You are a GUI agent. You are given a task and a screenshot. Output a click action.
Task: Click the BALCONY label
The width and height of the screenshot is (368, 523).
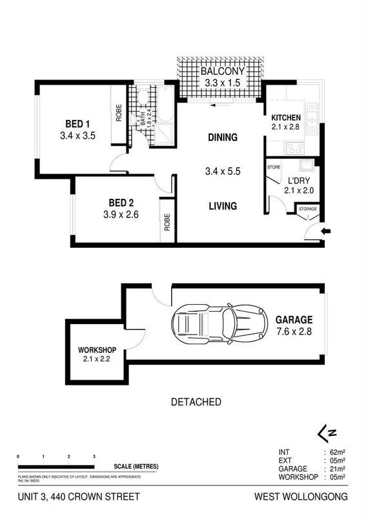pyautogui.click(x=221, y=72)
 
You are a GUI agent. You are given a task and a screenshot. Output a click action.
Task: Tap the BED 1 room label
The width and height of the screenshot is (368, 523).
pyautogui.click(x=77, y=124)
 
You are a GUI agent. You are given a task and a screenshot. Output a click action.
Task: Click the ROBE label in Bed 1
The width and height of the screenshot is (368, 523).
pyautogui.click(x=119, y=114)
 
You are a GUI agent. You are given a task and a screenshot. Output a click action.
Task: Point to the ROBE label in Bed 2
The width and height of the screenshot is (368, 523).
pyautogui.click(x=167, y=223)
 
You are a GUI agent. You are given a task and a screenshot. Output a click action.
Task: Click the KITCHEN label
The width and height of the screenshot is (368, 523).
pyautogui.click(x=286, y=117)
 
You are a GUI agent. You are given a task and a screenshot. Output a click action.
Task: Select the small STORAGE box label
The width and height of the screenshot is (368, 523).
pyautogui.click(x=307, y=209)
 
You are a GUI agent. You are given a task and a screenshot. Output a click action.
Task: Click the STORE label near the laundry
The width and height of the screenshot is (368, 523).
pyautogui.click(x=274, y=167)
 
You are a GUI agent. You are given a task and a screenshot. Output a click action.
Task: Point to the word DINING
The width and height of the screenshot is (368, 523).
pyautogui.click(x=222, y=138)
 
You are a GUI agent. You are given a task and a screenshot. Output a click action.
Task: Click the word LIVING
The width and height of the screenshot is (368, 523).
pyautogui.click(x=222, y=207)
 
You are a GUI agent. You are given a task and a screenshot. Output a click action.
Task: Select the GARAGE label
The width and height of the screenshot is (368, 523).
pyautogui.click(x=294, y=320)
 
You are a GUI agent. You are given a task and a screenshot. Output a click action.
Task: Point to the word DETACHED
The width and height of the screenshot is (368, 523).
pyautogui.click(x=196, y=402)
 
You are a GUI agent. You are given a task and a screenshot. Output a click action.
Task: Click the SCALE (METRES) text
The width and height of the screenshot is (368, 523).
pyautogui.click(x=135, y=467)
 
